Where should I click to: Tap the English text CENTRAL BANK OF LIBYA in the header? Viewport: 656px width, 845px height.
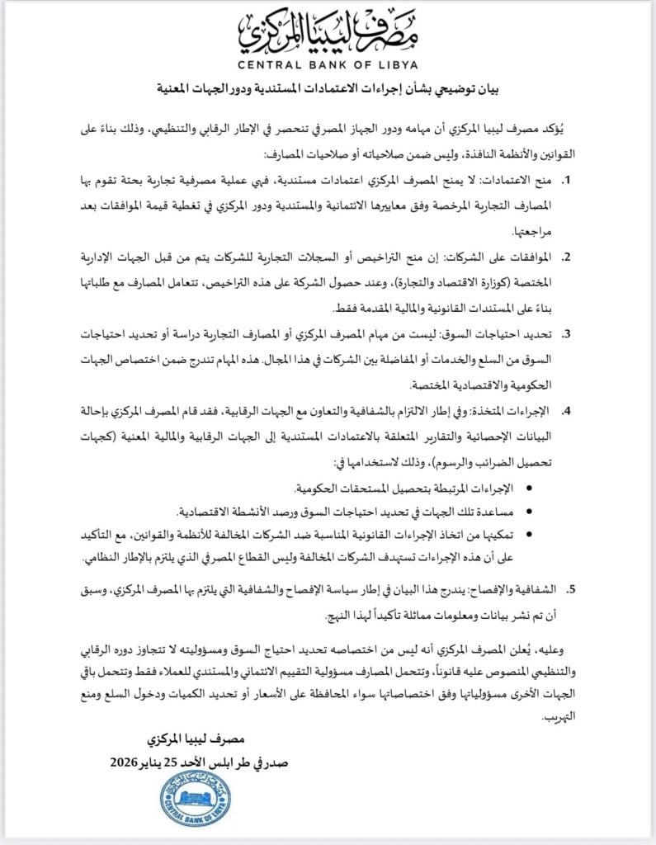click(x=327, y=65)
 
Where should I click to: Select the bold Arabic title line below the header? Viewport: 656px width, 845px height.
click(x=327, y=88)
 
